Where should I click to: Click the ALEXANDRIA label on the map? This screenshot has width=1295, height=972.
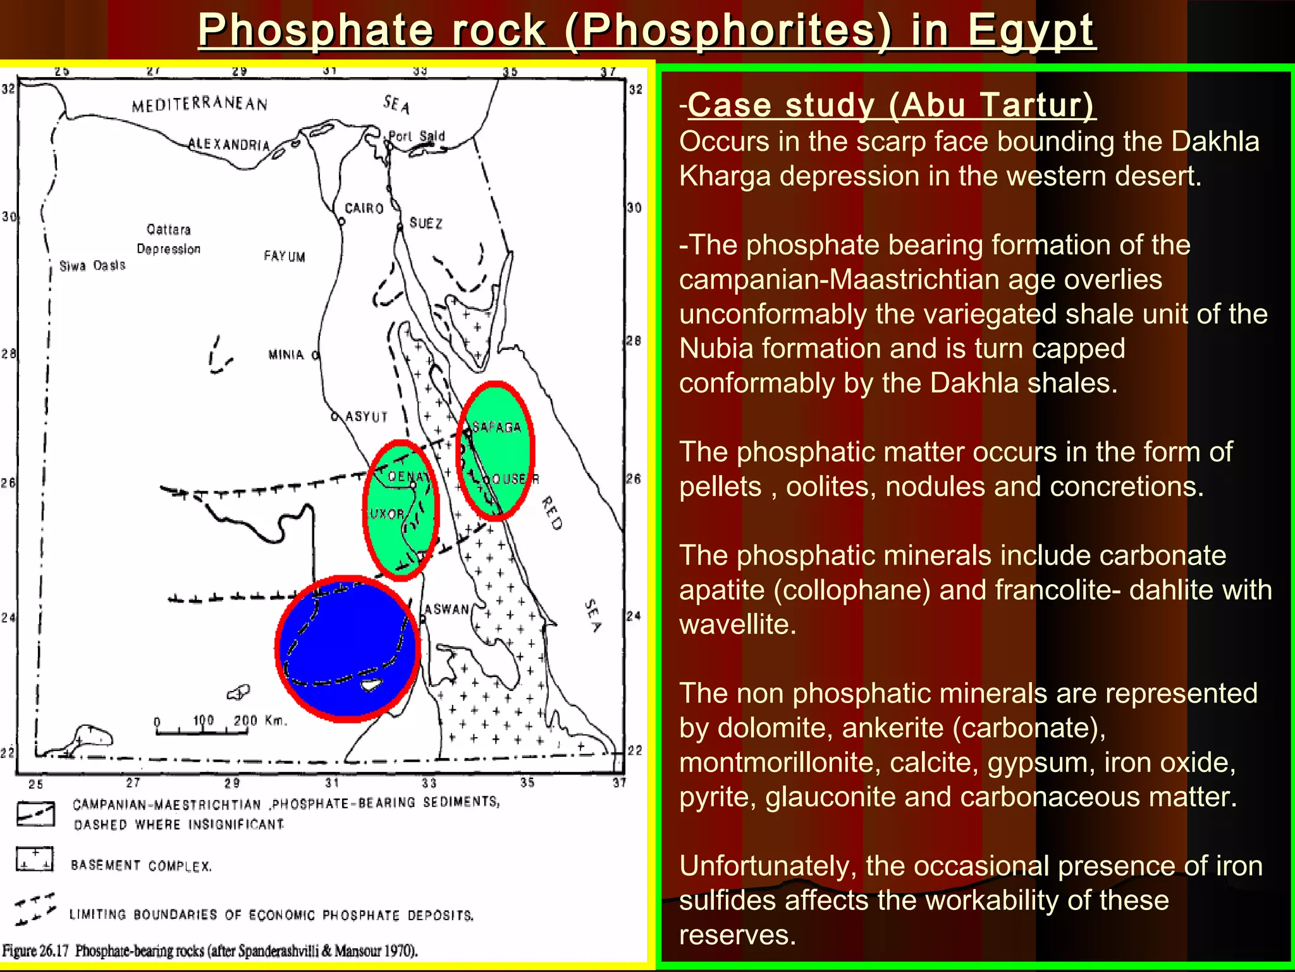click(229, 144)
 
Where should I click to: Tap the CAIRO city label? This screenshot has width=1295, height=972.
click(364, 208)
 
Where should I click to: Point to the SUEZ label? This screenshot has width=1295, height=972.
click(426, 223)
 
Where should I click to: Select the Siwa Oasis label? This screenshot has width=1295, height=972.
click(92, 266)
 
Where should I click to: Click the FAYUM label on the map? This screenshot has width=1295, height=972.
click(284, 256)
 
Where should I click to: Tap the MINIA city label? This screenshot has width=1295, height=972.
click(286, 355)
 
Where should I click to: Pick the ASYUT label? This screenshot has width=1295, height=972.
click(366, 417)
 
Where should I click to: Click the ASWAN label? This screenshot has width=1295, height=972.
click(446, 609)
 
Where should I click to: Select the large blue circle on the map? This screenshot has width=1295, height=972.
click(348, 649)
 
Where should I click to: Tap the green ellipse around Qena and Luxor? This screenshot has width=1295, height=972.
click(400, 510)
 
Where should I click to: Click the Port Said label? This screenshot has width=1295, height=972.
click(417, 136)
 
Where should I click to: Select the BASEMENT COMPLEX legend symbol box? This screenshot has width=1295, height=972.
click(35, 859)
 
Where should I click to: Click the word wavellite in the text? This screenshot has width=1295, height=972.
click(737, 625)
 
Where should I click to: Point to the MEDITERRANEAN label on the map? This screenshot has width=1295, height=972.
click(199, 104)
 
